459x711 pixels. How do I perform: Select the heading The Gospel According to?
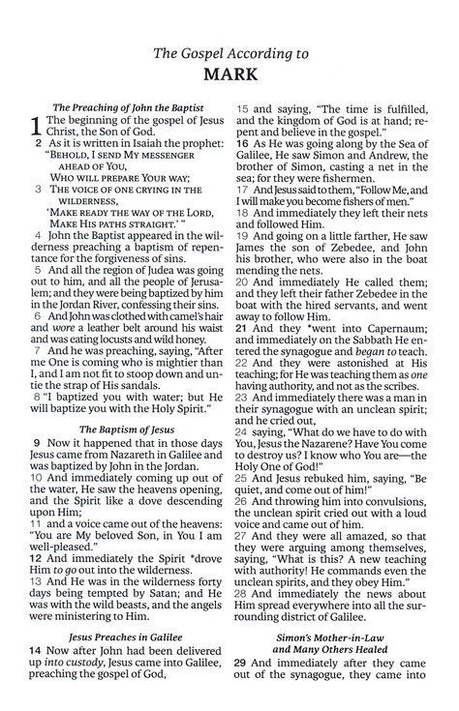pos(229,53)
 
